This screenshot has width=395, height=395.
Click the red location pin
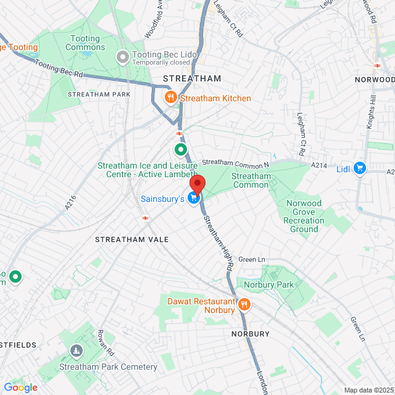tap(196, 185)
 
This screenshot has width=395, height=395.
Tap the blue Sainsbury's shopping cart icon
tap(194, 198)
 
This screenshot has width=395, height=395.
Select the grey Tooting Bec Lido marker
tap(123, 57)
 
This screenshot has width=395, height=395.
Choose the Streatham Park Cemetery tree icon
tap(75, 351)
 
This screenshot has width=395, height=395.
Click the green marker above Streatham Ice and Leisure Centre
tap(180, 149)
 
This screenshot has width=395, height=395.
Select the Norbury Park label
tap(268, 285)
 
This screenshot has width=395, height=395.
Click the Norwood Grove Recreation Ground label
tap(304, 216)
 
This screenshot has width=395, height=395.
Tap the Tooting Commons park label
tap(85, 43)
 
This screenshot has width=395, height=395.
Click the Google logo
tap(20, 387)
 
